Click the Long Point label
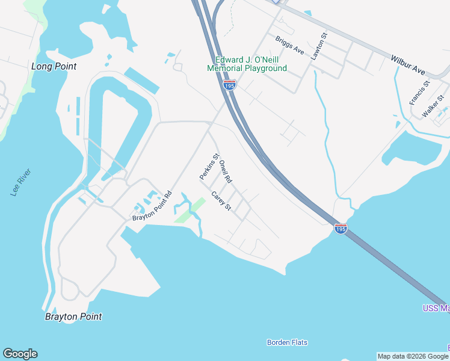(x=54, y=66)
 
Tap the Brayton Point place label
(x=73, y=316)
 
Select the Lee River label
(x=20, y=182)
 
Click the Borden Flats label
(x=287, y=342)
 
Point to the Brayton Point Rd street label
(x=152, y=206)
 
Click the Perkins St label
(x=209, y=165)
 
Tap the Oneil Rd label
(x=225, y=171)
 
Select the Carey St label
(x=221, y=200)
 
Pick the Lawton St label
(x=318, y=46)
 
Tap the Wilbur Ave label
(x=408, y=64)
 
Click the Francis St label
(x=419, y=93)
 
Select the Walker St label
(x=433, y=106)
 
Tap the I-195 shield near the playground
(x=229, y=85)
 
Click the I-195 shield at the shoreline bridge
(x=341, y=229)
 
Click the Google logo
(x=20, y=354)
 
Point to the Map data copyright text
(x=413, y=356)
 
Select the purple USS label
(x=435, y=309)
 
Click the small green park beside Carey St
(x=191, y=211)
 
